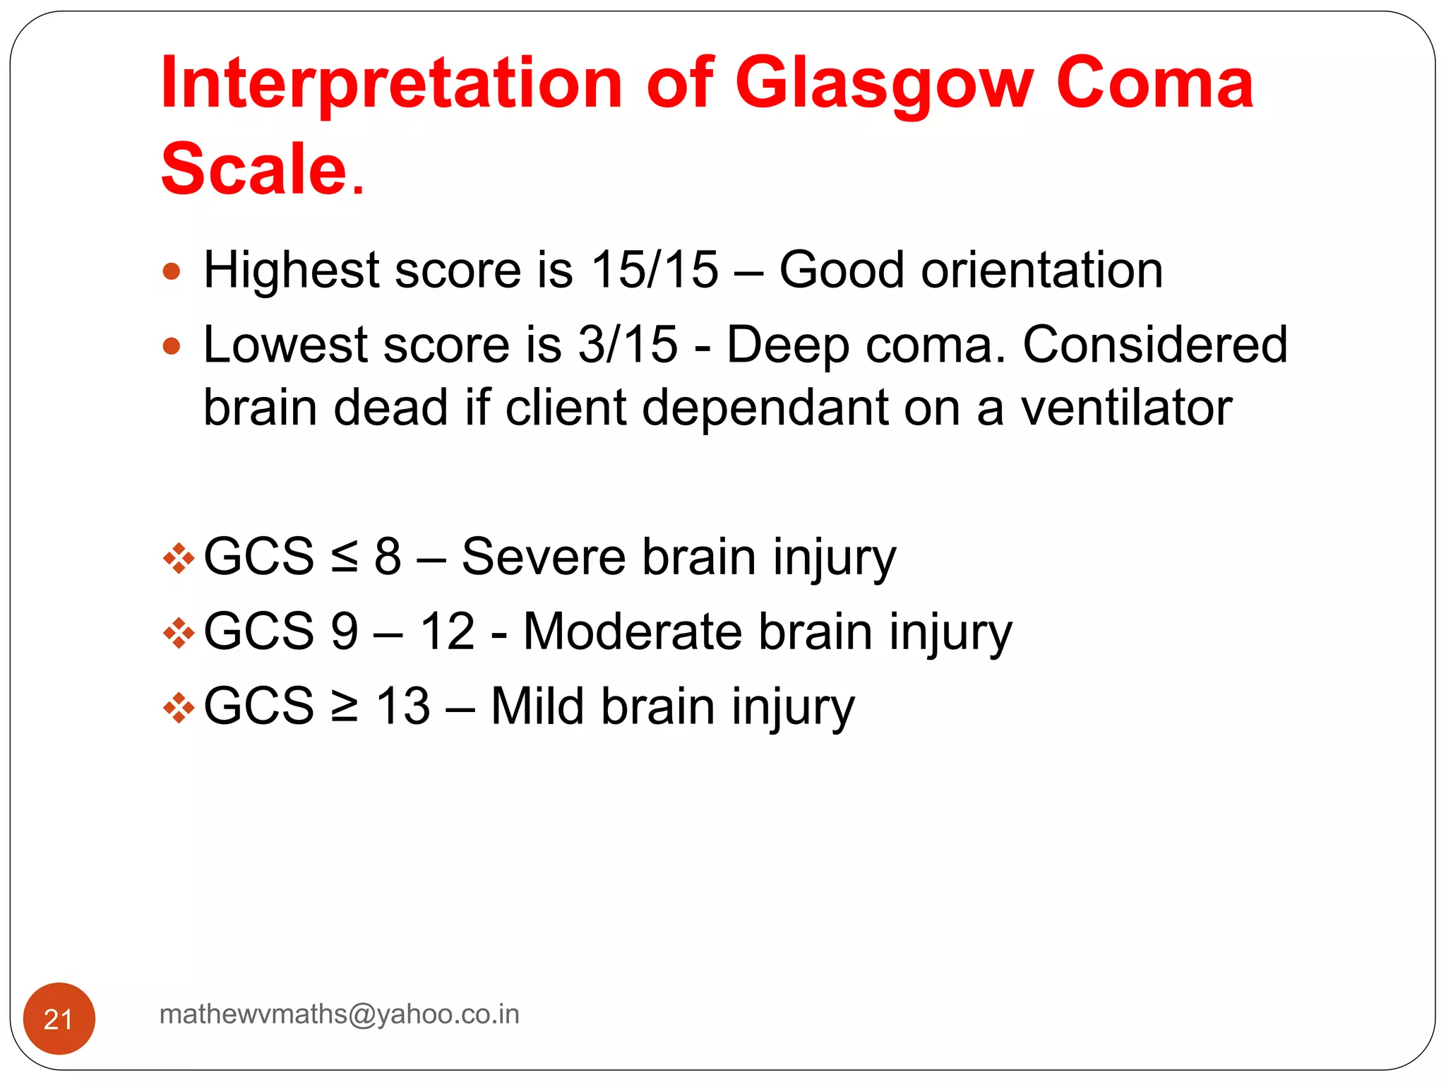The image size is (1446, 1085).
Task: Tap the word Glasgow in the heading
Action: pyautogui.click(x=884, y=85)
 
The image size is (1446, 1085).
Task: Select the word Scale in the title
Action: pyautogui.click(x=254, y=170)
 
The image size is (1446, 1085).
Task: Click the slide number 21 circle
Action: pyautogui.click(x=59, y=1019)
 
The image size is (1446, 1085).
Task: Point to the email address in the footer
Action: pyautogui.click(x=340, y=1014)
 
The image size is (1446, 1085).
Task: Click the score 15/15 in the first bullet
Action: pyautogui.click(x=654, y=270)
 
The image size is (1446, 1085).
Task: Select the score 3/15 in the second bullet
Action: pyautogui.click(x=628, y=345)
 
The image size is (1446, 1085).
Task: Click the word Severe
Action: pyautogui.click(x=544, y=557)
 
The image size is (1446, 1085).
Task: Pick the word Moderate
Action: pyautogui.click(x=632, y=631)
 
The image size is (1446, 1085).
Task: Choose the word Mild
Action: pyautogui.click(x=537, y=706)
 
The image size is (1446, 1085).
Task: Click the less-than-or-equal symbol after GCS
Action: pyautogui.click(x=345, y=558)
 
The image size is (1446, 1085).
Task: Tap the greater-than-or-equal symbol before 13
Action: pyautogui.click(x=345, y=706)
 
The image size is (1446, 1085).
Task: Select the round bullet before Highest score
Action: pyautogui.click(x=172, y=271)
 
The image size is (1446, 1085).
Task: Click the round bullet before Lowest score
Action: pyautogui.click(x=172, y=346)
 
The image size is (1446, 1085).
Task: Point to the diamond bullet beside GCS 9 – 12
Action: pyautogui.click(x=179, y=633)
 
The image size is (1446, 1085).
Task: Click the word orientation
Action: pyautogui.click(x=1041, y=270)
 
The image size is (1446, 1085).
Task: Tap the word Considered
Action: pyautogui.click(x=1155, y=345)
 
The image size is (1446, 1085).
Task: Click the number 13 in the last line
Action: pyautogui.click(x=402, y=706)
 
